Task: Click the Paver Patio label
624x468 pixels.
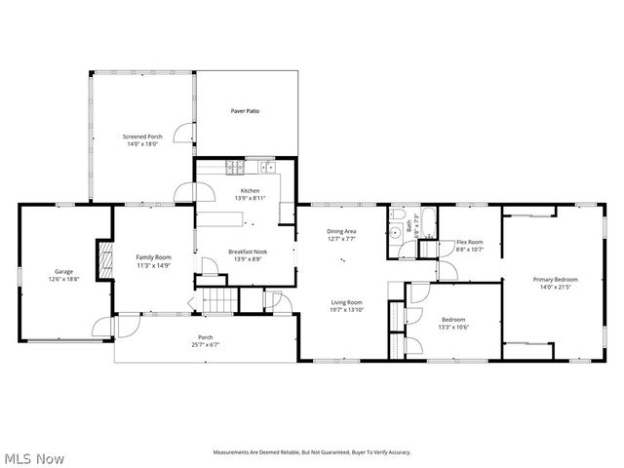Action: (245, 111)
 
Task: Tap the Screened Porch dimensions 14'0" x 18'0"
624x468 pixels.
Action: (142, 143)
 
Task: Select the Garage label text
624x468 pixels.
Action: (63, 272)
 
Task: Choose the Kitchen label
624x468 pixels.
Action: (250, 190)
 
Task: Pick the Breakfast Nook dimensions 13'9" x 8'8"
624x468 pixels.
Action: (248, 259)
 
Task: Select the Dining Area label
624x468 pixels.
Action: (341, 231)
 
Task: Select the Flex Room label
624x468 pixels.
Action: (470, 242)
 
